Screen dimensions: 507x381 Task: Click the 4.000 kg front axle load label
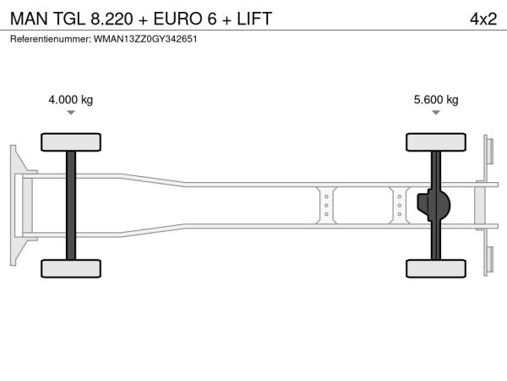coord(70,99)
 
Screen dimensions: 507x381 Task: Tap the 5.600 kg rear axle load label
coord(436,99)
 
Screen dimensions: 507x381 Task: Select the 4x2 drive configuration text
coord(483,19)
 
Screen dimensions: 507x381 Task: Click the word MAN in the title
coord(29,19)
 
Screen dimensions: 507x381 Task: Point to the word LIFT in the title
coord(254,19)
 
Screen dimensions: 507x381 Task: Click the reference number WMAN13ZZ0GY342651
coord(145,39)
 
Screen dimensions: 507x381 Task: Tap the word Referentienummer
coord(51,39)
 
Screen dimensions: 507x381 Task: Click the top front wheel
coord(71,142)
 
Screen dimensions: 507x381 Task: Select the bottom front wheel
coord(71,268)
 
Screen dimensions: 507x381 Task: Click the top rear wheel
coord(436,142)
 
